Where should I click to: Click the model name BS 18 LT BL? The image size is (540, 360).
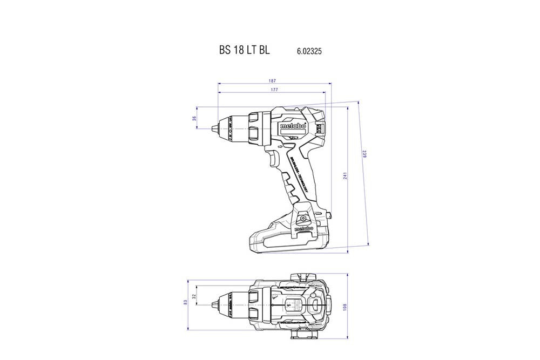tap(244, 50)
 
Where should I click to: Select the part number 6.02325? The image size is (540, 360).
tap(309, 51)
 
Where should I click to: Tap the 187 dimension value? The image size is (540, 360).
tap(274, 81)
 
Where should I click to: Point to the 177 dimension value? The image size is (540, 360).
tap(274, 90)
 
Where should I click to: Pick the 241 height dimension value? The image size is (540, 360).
tap(344, 176)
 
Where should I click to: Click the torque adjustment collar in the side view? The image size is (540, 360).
tap(254, 128)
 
